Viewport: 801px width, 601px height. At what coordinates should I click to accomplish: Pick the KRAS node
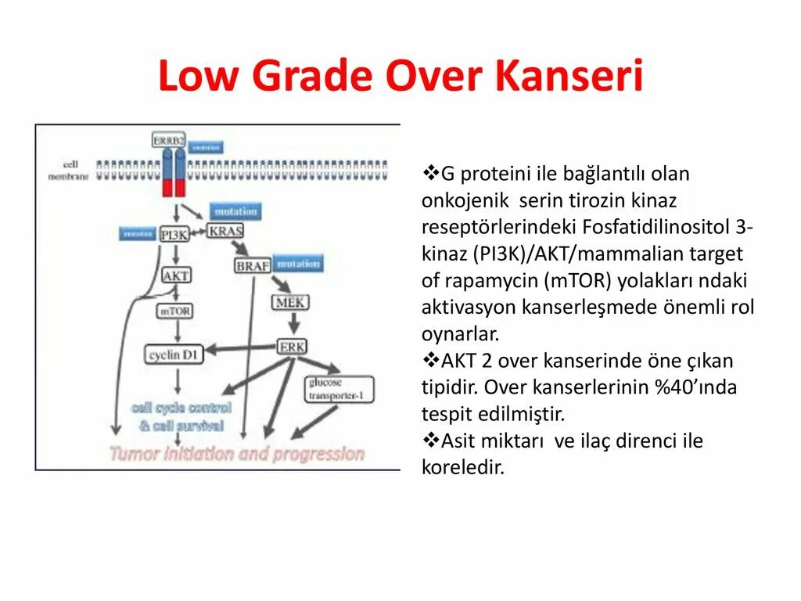(x=225, y=230)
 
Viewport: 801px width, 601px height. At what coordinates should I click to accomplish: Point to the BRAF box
(x=252, y=265)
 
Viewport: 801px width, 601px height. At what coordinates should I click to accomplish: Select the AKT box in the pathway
(x=176, y=275)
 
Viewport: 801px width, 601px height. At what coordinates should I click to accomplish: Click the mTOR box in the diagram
(x=175, y=311)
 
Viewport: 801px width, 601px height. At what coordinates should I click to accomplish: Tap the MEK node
(x=290, y=301)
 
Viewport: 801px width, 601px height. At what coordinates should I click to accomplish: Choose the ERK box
(x=292, y=346)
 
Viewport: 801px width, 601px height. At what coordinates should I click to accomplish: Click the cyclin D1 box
(x=175, y=354)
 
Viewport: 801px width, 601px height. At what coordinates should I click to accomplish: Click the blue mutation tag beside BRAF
(x=297, y=264)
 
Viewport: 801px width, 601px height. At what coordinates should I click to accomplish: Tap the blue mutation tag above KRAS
(x=234, y=211)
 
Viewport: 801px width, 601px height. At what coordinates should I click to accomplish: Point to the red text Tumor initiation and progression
(x=237, y=454)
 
